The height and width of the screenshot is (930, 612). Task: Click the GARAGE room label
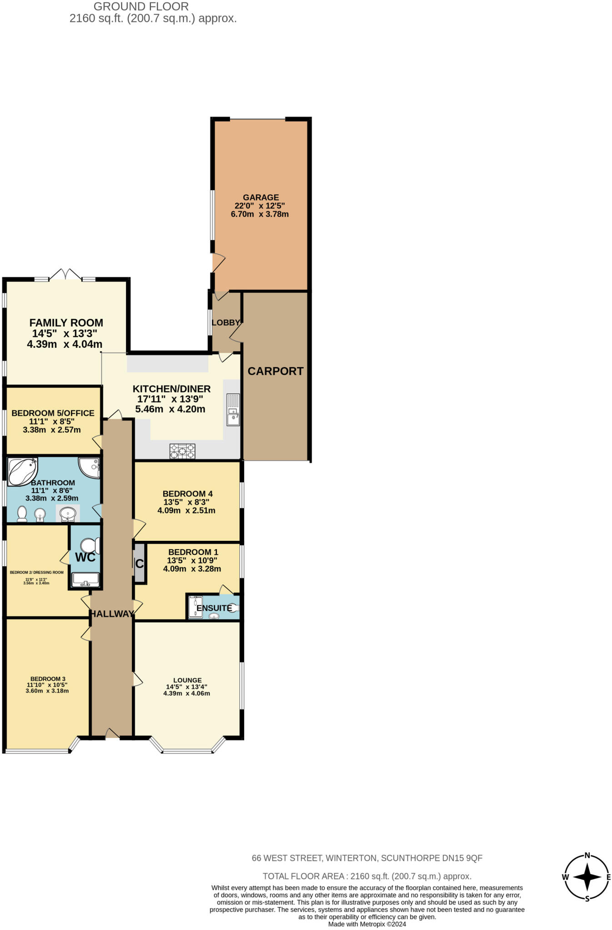(x=261, y=198)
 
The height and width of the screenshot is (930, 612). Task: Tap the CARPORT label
(x=276, y=371)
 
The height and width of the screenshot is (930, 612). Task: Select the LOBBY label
(x=226, y=322)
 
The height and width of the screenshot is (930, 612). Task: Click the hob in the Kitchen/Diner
(x=182, y=451)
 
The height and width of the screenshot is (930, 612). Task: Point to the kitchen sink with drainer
(x=233, y=409)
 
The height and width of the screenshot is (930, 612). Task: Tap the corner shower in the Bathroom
(x=90, y=467)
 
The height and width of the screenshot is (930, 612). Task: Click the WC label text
(x=85, y=557)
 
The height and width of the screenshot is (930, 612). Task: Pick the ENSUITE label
(x=214, y=608)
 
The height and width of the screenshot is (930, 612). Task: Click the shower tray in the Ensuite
(x=196, y=607)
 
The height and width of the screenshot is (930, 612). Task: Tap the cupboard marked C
(x=140, y=564)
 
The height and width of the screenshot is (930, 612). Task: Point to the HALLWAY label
(x=112, y=614)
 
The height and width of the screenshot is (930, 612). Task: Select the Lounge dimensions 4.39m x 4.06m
(x=187, y=693)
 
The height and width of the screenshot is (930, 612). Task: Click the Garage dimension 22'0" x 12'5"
(x=260, y=206)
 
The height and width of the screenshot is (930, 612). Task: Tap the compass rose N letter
(x=587, y=856)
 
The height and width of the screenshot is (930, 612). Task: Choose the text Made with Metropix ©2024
(x=367, y=924)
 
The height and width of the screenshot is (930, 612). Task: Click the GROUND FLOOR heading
(x=141, y=7)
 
